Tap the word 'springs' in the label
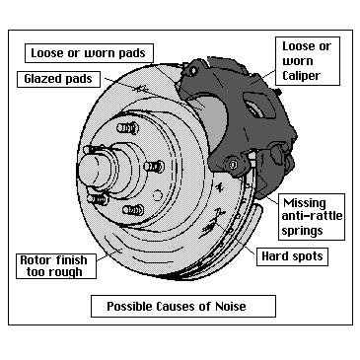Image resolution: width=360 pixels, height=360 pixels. point(305,231)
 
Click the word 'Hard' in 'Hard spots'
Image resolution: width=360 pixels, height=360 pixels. point(275,255)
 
